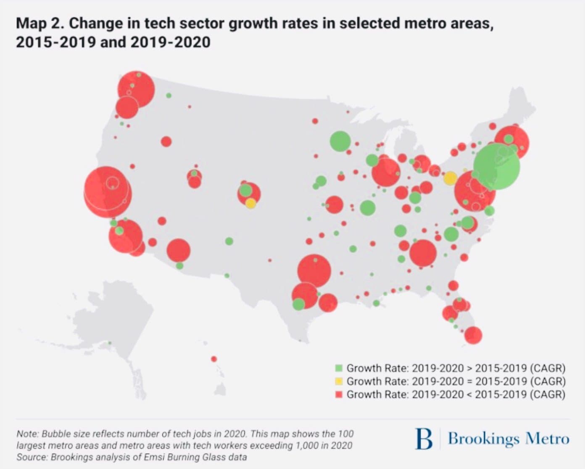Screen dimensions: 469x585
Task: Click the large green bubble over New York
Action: pos(497,167)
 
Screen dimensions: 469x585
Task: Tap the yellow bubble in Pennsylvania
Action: pos(450,178)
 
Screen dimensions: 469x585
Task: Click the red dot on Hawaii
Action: pos(214,359)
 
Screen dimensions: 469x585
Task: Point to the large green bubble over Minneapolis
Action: pos(340,141)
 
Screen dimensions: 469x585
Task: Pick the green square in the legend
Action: pos(339,368)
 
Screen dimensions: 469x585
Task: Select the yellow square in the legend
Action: pos(339,381)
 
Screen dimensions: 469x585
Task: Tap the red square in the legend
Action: pos(339,394)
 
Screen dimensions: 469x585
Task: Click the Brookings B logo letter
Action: pos(423,439)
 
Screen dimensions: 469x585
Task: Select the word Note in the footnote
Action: pos(27,434)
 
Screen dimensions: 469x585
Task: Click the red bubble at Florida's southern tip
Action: pos(473,335)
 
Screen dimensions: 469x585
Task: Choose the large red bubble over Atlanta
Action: pos(423,253)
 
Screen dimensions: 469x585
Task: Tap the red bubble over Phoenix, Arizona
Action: pos(179,250)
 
